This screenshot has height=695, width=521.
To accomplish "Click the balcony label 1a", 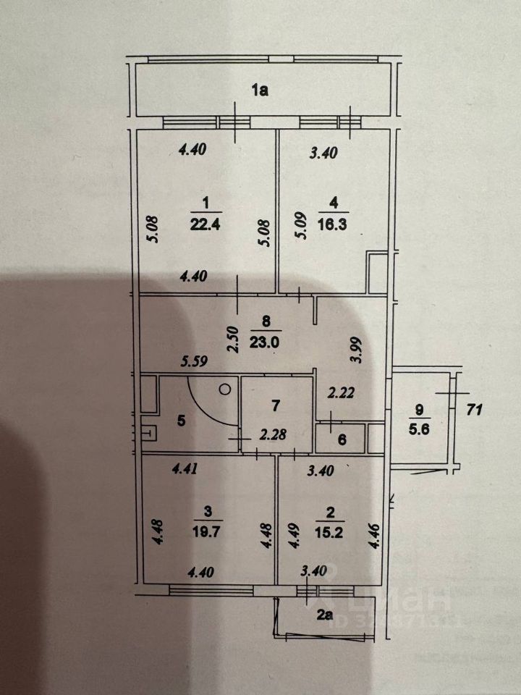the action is (x=260, y=90).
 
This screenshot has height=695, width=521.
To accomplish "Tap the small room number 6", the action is (x=342, y=439).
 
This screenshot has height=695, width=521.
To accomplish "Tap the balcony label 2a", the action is (x=323, y=618).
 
